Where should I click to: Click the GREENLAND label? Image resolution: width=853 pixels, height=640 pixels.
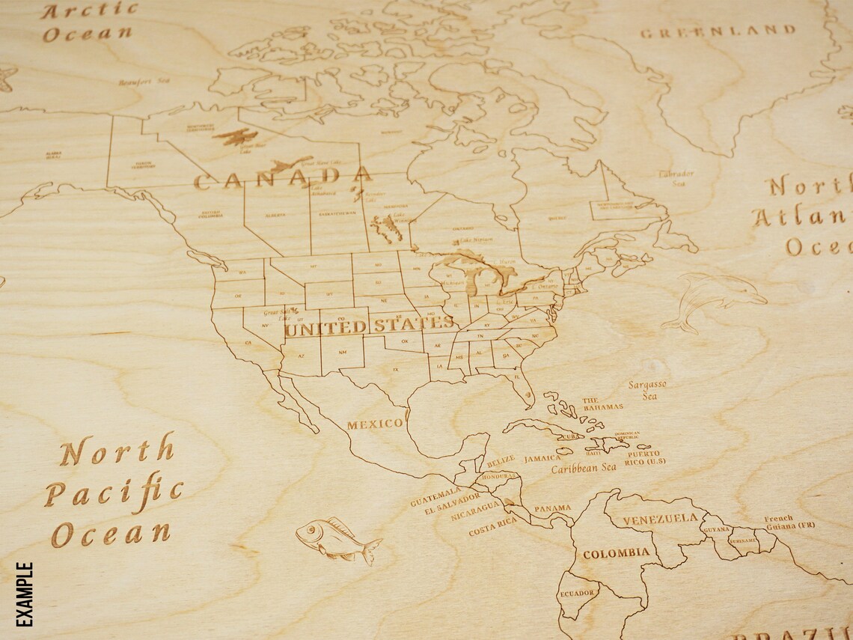[717, 31]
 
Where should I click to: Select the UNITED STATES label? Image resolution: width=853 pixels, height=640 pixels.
[370, 326]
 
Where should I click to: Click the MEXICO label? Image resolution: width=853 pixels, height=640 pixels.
[374, 424]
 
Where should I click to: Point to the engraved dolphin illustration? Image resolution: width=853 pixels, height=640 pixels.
[715, 299]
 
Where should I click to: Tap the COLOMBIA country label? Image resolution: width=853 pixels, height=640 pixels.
[616, 554]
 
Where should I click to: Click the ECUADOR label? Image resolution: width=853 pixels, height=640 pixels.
[577, 593]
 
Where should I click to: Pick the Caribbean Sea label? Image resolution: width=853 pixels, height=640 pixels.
[584, 468]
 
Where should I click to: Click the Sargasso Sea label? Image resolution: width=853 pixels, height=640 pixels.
[647, 390]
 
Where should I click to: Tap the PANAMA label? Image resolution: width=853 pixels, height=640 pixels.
[552, 508]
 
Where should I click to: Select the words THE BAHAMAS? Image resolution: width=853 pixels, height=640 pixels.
[602, 403]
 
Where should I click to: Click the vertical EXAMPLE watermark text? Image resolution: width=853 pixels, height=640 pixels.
[25, 594]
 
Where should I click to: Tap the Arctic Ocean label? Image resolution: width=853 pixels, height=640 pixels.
[89, 22]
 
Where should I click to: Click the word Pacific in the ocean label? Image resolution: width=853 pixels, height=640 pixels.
[112, 492]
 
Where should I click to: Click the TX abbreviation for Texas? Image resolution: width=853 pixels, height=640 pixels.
[395, 370]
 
